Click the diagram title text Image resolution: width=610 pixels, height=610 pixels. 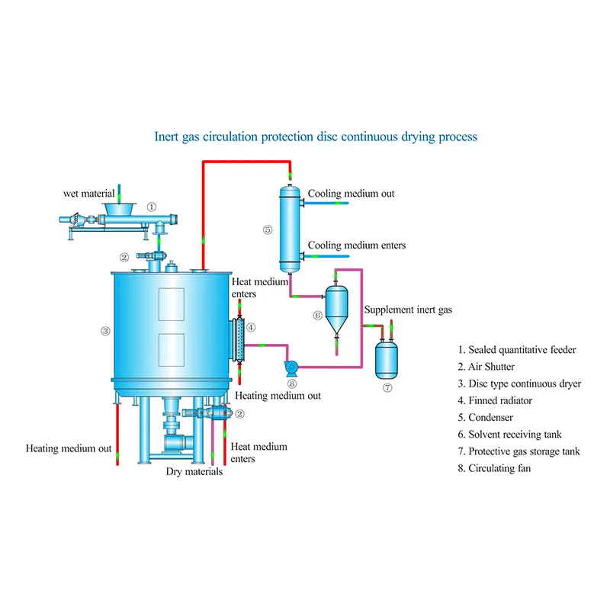pyautogui.click(x=316, y=136)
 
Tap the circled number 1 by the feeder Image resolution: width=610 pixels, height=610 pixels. pyautogui.click(x=152, y=207)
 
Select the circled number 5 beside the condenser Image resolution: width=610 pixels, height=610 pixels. pyautogui.click(x=267, y=229)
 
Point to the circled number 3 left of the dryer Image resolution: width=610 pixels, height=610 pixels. pyautogui.click(x=105, y=331)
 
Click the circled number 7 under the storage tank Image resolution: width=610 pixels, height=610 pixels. pyautogui.click(x=387, y=387)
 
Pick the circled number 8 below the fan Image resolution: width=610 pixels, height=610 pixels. pyautogui.click(x=291, y=384)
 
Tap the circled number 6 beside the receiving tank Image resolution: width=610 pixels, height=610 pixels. pyautogui.click(x=317, y=314)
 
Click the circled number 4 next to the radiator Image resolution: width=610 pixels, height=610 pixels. pyautogui.click(x=251, y=328)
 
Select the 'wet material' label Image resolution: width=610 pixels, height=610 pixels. pyautogui.click(x=88, y=194)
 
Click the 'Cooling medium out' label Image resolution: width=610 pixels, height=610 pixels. pyautogui.click(x=351, y=194)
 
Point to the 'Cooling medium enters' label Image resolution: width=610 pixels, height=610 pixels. pyautogui.click(x=356, y=245)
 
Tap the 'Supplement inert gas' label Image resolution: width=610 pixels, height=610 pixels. pyautogui.click(x=408, y=310)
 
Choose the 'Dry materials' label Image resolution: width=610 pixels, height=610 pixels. pyautogui.click(x=194, y=471)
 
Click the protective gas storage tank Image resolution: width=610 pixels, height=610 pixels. pyautogui.click(x=387, y=359)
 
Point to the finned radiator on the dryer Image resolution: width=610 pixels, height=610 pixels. pyautogui.click(x=238, y=339)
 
